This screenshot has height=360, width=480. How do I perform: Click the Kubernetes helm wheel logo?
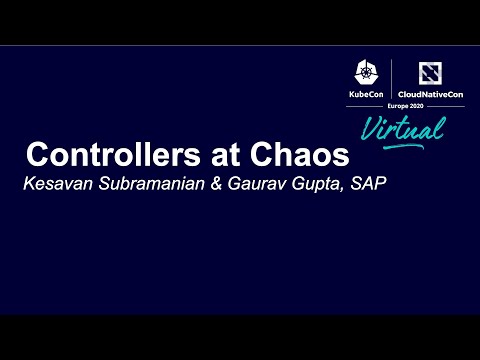point(367,72)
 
